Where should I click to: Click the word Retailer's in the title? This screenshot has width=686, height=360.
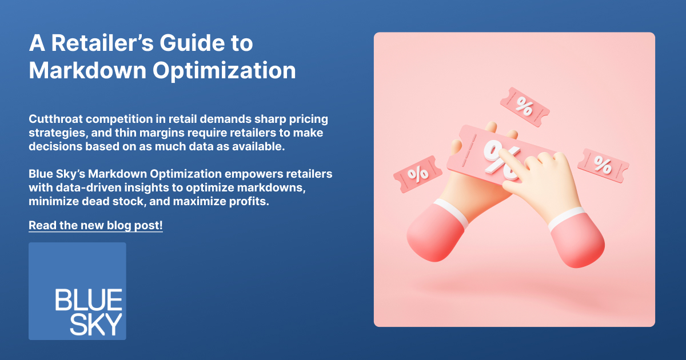[x=102, y=43]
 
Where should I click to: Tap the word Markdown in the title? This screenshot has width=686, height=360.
[x=87, y=70]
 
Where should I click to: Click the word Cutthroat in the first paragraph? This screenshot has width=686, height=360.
[x=56, y=119]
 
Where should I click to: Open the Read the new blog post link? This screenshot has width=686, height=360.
[x=95, y=226]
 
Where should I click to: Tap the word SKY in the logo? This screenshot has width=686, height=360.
[x=96, y=324]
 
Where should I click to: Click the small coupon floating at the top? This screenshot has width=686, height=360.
[x=525, y=107]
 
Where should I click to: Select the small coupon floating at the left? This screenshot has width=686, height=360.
[x=418, y=174]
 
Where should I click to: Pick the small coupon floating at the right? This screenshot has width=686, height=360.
[x=603, y=165]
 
